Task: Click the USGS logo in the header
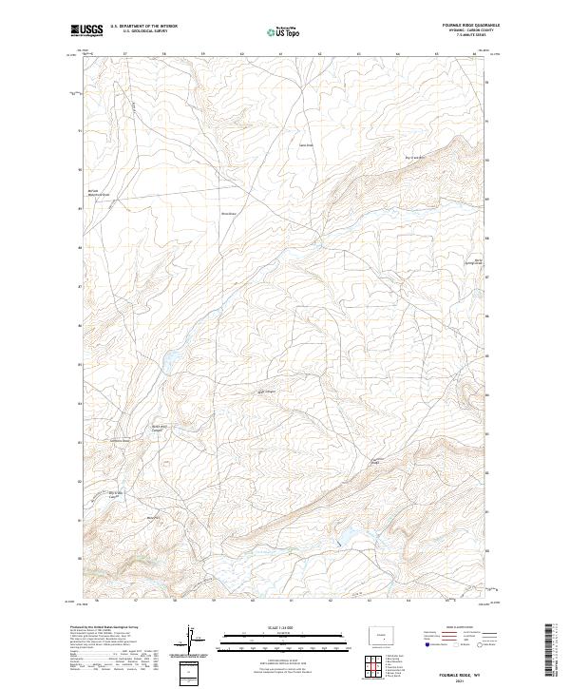pos(86,31)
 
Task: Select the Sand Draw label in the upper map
pos(306,145)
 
